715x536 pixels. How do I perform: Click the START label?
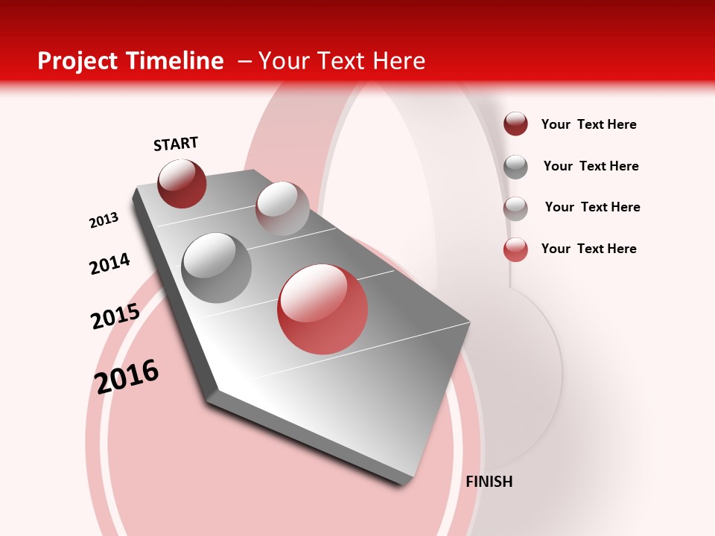pos(176,144)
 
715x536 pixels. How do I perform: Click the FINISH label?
pos(489,482)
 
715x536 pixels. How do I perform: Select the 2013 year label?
pos(104,220)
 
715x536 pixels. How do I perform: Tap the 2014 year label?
pos(109,264)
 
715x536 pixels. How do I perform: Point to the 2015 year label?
pos(115,316)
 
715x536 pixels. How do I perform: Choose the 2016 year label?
pos(127,376)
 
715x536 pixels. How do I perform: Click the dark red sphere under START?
pos(182,184)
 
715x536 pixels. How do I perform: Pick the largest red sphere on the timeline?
pos(322,309)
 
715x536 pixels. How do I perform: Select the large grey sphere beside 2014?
pos(216,268)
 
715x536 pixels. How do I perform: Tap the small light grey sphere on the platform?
pos(282,208)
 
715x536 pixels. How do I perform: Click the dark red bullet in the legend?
pos(515,124)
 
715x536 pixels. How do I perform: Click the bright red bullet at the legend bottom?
pos(515,249)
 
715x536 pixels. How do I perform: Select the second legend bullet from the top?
pos(515,167)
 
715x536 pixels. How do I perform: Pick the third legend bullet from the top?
pos(515,208)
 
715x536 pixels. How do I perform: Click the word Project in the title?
pos(77,61)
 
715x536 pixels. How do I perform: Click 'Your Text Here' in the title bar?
pos(342,61)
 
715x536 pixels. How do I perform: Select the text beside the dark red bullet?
pos(588,124)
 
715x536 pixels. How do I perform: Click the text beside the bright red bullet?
pos(588,249)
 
